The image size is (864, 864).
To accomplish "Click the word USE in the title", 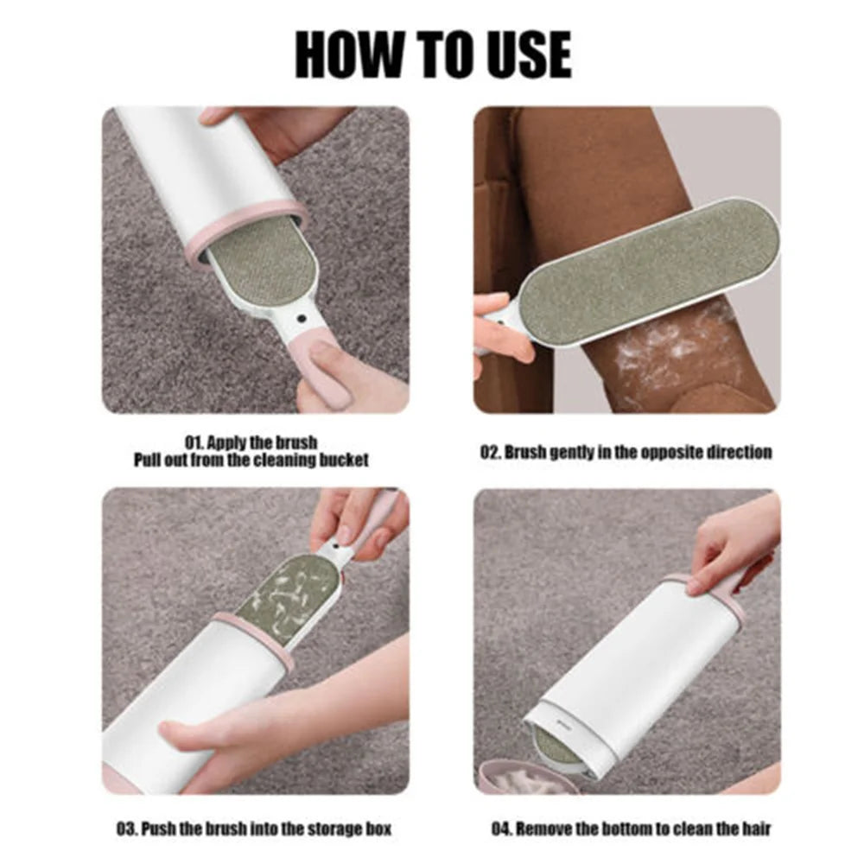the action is coord(525,54).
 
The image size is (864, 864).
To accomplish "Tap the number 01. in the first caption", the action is coord(194,442).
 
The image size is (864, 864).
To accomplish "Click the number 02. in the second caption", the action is coord(490,453).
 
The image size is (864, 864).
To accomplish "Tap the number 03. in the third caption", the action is coord(127,829).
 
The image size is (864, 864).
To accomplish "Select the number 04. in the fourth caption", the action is coord(503,829).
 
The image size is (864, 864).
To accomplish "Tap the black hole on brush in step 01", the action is coord(301,319).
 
